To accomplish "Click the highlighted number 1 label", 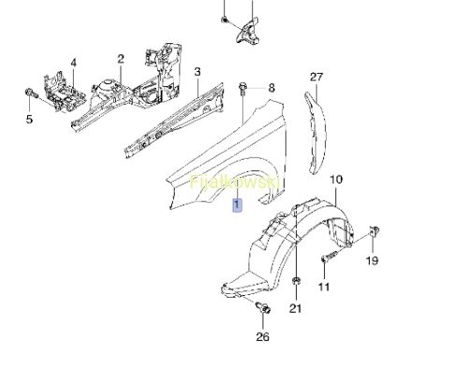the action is [237, 205].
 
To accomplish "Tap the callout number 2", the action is [121, 59].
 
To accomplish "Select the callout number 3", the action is [197, 72].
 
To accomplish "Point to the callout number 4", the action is [73, 63].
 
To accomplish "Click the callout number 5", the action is [29, 119].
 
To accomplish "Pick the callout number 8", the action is [271, 88].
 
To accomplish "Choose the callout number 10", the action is [336, 180].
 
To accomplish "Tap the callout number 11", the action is [324, 286].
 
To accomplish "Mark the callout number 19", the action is [373, 260].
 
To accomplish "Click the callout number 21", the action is [296, 308].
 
